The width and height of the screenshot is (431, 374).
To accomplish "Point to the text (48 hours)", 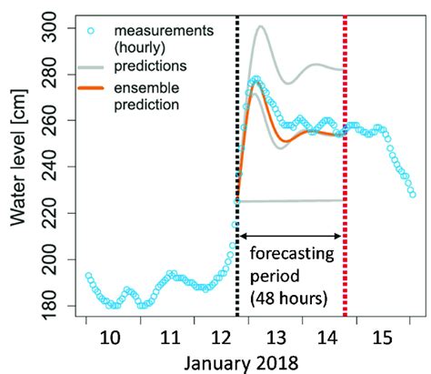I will click(289, 298).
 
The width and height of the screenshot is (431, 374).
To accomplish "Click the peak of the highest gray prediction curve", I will click(261, 26).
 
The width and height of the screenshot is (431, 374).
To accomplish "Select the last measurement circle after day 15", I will click(413, 194).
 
